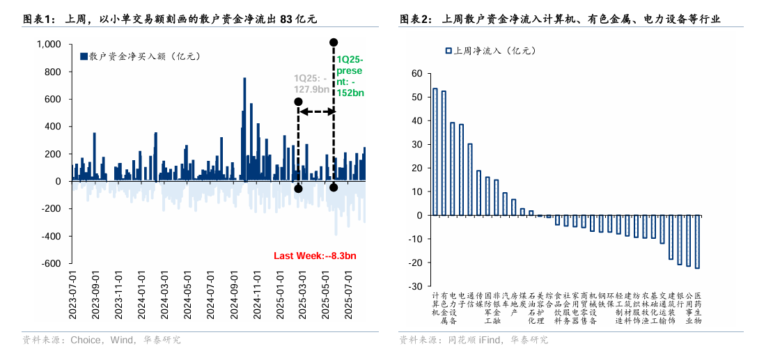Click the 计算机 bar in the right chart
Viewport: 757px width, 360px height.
click(x=435, y=152)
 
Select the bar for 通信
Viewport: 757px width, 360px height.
click(x=469, y=180)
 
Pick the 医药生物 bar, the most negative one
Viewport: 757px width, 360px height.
click(x=697, y=242)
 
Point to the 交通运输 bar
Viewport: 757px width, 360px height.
click(x=662, y=229)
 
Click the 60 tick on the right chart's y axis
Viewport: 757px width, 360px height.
click(x=417, y=73)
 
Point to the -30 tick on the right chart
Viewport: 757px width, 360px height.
click(x=416, y=286)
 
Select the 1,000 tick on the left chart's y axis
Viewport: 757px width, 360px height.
click(x=49, y=45)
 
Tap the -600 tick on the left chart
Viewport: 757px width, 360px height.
click(x=51, y=264)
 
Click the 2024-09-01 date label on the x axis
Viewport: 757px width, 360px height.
click(x=234, y=295)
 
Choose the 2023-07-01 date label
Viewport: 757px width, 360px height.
click(x=72, y=295)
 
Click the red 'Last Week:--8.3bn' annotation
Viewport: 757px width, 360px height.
click(x=315, y=256)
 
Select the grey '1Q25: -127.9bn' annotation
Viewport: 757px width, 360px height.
click(x=311, y=83)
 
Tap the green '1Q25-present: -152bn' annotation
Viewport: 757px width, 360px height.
click(x=351, y=77)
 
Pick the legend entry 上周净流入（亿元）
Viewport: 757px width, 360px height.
click(x=490, y=51)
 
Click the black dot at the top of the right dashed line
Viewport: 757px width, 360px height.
click(x=334, y=43)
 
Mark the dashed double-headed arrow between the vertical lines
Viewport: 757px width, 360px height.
click(x=315, y=111)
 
